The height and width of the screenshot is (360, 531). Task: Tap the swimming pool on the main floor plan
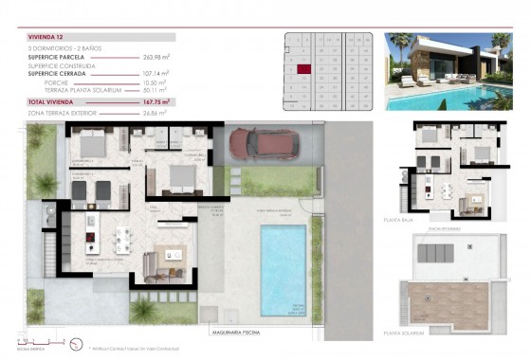tap(284, 269)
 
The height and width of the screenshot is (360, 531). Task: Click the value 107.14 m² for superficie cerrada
tap(156, 73)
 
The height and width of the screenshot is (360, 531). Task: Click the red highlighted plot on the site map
tap(303, 69)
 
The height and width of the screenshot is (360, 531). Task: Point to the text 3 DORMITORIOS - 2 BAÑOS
tap(64, 48)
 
